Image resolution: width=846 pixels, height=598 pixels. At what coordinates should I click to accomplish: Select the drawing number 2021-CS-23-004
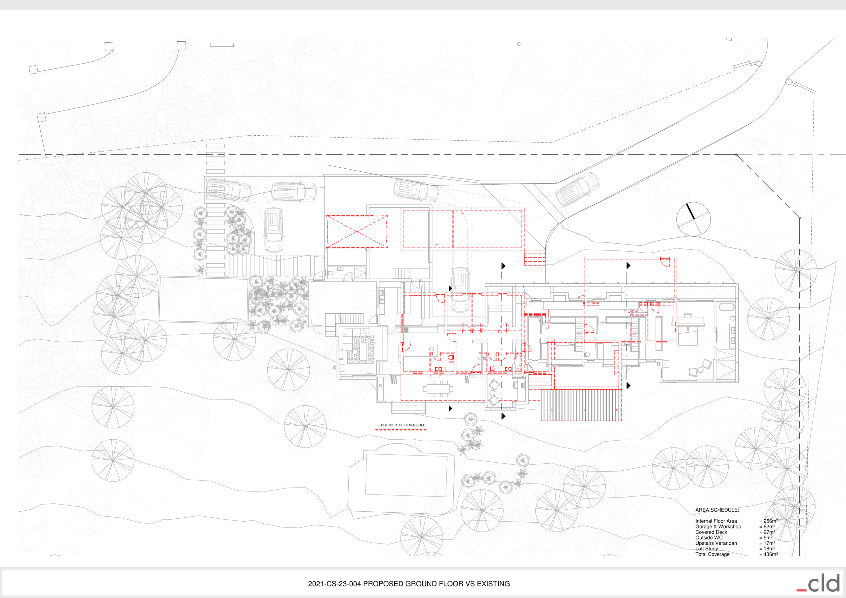pos(334,584)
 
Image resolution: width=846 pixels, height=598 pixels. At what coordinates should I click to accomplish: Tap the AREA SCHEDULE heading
pos(717,510)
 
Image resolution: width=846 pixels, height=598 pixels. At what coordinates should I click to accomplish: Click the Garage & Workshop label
pos(718,527)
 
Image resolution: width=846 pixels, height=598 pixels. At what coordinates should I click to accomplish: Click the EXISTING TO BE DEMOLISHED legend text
pos(402,425)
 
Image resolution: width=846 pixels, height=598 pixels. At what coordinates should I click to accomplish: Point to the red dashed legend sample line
pos(401,430)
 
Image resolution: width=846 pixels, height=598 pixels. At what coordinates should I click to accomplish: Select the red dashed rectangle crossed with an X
pos(357,232)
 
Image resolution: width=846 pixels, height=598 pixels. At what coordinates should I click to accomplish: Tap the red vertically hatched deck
pos(581,405)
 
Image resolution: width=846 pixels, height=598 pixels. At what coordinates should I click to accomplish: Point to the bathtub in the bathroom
pos(726,307)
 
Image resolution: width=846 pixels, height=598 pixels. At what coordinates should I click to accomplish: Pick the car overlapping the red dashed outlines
pos(460,290)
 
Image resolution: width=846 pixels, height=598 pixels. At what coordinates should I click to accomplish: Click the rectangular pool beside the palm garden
pos(203,300)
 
